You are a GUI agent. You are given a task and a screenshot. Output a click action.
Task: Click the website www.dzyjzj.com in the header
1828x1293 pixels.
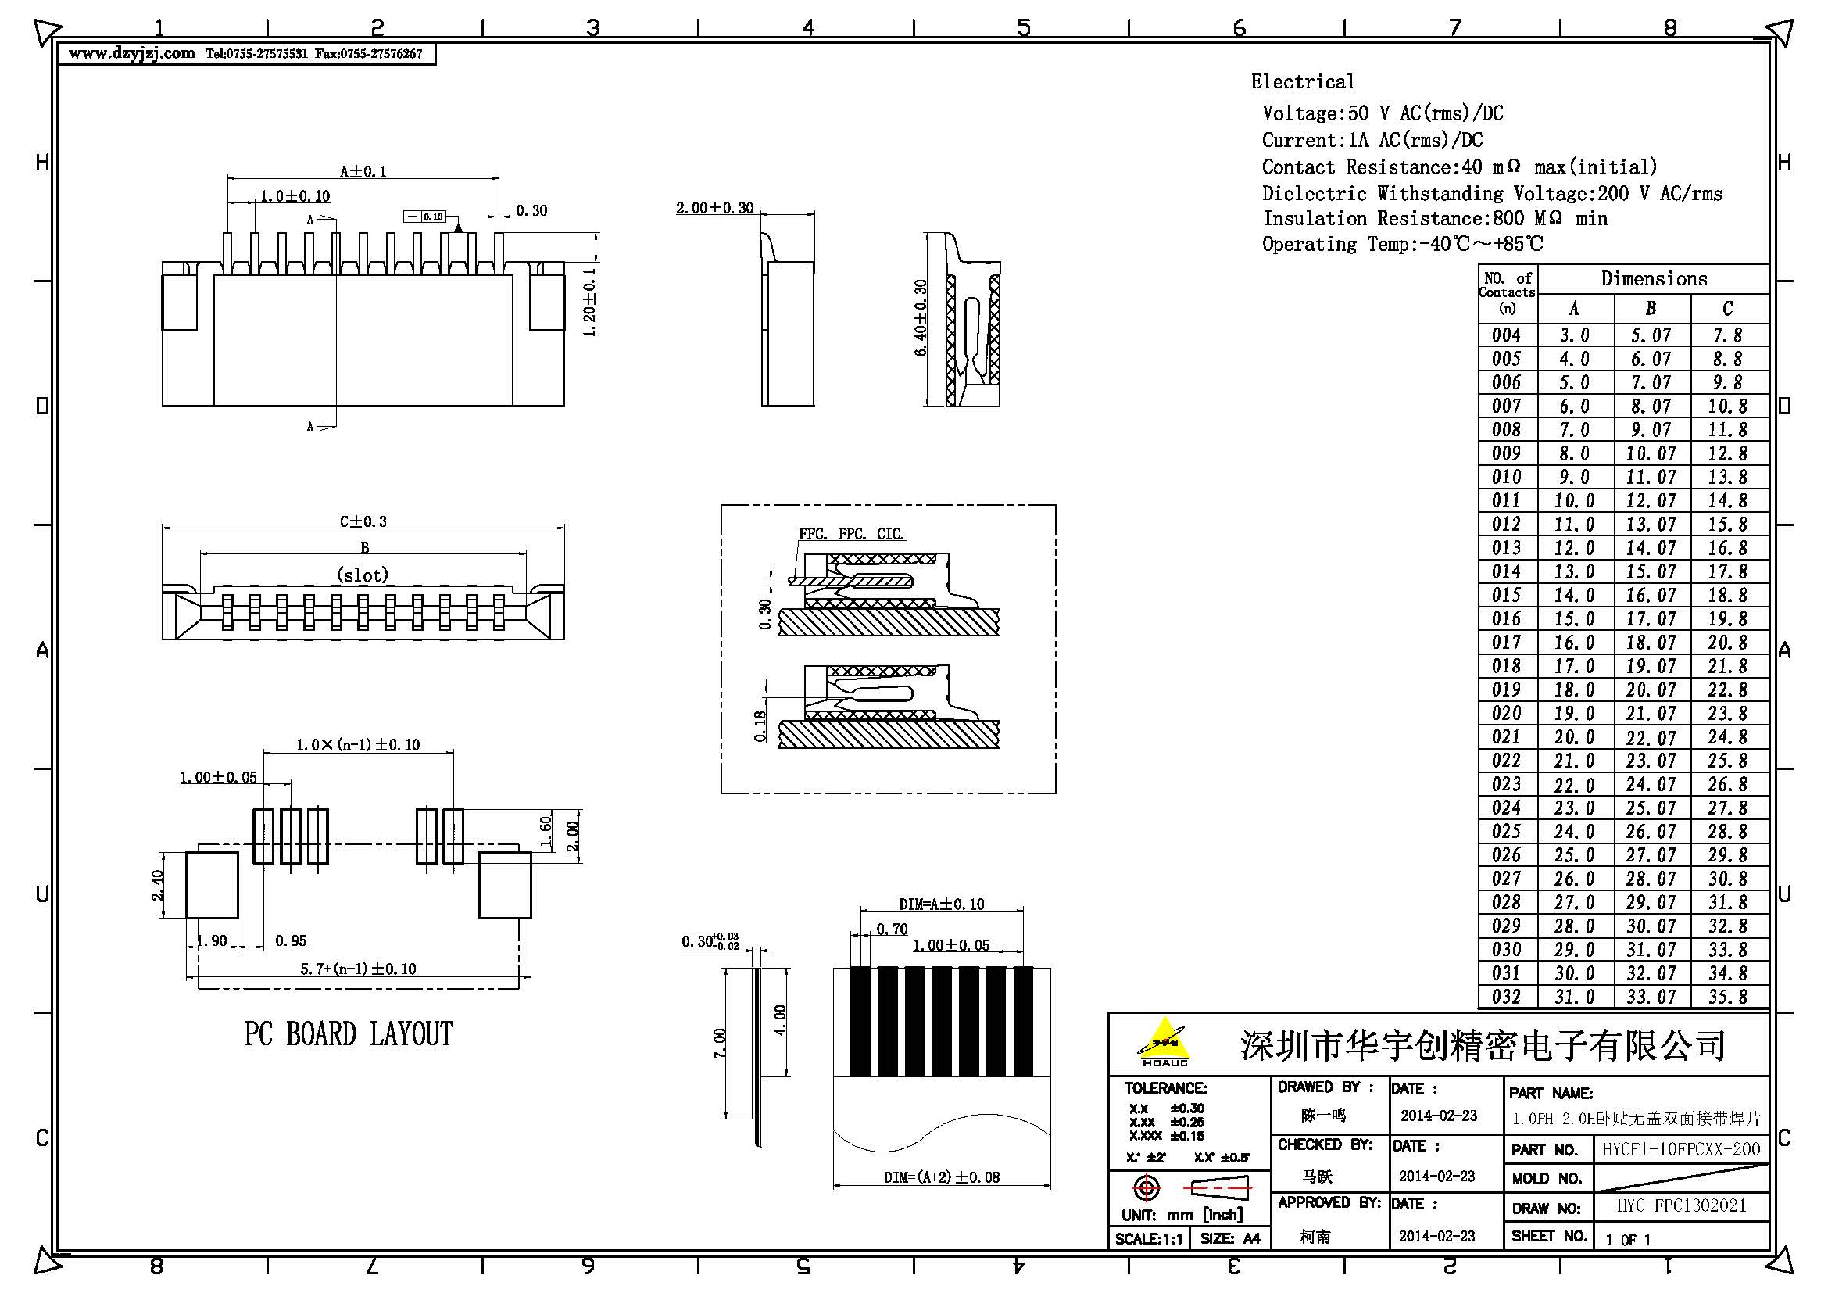(x=131, y=53)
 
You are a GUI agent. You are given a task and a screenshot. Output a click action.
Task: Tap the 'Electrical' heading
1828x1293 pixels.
(x=1302, y=82)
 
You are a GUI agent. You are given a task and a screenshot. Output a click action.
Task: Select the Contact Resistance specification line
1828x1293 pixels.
(x=1458, y=167)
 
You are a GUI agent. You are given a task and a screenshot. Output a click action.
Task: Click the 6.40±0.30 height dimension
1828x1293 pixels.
(x=921, y=317)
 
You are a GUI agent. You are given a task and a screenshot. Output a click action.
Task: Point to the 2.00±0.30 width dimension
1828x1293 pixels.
(x=714, y=209)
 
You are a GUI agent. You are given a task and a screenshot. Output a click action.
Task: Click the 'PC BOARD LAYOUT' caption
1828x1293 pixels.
(x=348, y=1034)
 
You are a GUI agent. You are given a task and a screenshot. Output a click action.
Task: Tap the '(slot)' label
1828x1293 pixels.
(x=363, y=575)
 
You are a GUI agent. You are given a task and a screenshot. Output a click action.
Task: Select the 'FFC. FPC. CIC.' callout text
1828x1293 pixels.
(x=851, y=534)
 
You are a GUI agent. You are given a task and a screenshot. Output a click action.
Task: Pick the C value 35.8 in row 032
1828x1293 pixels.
(x=1727, y=997)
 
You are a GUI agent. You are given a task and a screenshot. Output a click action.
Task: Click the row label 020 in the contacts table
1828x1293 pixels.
(x=1506, y=714)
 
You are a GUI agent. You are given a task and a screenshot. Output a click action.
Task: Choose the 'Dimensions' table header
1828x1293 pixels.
(x=1654, y=278)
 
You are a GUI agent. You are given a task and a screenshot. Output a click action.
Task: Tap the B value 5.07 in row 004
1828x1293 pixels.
(x=1651, y=335)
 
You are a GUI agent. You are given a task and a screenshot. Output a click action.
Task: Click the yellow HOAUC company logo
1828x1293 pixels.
(x=1164, y=1042)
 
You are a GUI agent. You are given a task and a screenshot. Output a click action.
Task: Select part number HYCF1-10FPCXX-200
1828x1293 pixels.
(x=1681, y=1149)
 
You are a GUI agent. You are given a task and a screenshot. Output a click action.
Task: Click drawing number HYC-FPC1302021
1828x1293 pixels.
(x=1681, y=1205)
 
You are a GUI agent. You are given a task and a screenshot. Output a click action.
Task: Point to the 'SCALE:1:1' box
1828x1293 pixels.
(x=1148, y=1239)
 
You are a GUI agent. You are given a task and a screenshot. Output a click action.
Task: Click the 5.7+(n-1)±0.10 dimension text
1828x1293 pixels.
(x=357, y=969)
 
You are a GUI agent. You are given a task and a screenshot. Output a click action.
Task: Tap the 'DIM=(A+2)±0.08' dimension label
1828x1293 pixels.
(x=941, y=1177)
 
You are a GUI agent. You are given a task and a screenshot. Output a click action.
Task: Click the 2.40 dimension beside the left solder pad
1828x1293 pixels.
(x=157, y=885)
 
